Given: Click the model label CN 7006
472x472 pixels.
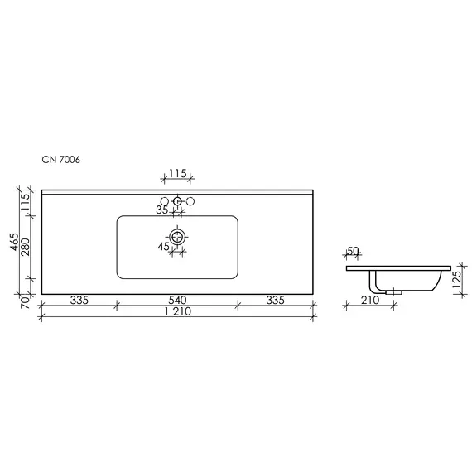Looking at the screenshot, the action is [x=61, y=160].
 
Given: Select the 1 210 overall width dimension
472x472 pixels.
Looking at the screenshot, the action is [x=178, y=311].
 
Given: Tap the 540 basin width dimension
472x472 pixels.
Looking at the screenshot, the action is [x=177, y=300].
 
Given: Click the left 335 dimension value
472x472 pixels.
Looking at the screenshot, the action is [x=79, y=300].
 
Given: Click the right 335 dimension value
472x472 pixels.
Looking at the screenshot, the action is [x=276, y=300].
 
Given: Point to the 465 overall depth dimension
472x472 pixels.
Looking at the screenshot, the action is [x=14, y=242].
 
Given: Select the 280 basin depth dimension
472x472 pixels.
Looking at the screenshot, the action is [x=26, y=247].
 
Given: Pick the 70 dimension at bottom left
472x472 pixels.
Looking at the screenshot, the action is [x=26, y=302].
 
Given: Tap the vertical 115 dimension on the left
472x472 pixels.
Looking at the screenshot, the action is [x=26, y=202].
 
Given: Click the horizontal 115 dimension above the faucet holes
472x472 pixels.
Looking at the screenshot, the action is [x=177, y=173].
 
